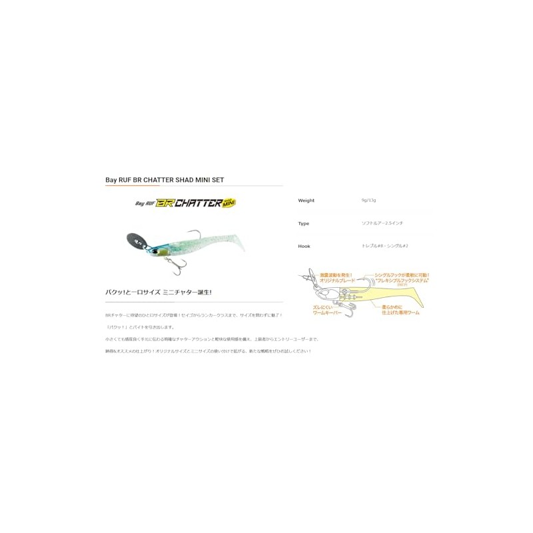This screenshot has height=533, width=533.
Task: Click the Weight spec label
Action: coord(306,201)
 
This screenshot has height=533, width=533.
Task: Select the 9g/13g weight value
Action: coord(368,200)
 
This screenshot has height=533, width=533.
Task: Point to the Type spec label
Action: coord(304,223)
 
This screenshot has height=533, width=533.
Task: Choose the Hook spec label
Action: coord(304,246)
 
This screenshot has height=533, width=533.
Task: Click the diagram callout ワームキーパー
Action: coord(327,312)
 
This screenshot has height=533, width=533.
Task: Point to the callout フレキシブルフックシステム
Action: coord(402,281)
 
